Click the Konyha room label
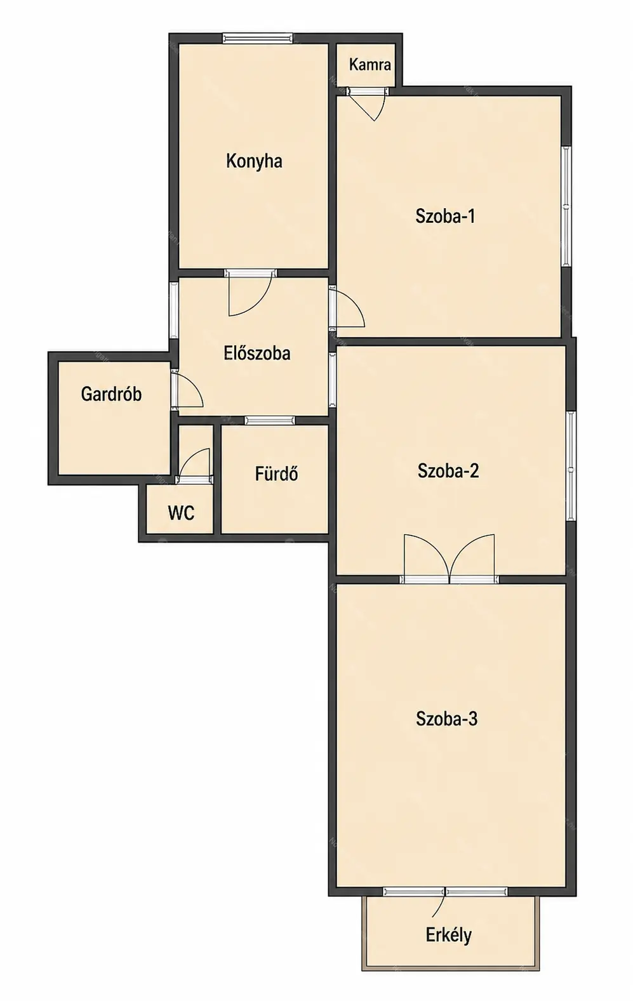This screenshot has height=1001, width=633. click(254, 161)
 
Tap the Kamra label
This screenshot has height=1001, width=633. click(370, 65)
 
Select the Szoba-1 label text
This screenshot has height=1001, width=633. click(445, 216)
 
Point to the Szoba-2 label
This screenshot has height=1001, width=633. click(448, 471)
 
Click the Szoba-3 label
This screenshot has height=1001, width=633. click(446, 719)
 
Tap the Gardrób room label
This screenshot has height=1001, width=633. click(111, 394)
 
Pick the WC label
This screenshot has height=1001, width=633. click(181, 513)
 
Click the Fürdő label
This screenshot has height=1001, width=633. click(277, 474)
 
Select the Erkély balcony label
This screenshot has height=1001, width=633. click(448, 934)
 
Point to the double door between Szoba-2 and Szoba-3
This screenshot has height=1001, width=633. click(450, 559)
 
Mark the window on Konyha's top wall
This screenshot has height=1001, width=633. click(258, 39)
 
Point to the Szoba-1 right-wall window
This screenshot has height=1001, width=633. click(566, 206)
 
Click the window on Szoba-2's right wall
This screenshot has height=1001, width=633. click(571, 466)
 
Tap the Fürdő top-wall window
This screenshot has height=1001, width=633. click(270, 420)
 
